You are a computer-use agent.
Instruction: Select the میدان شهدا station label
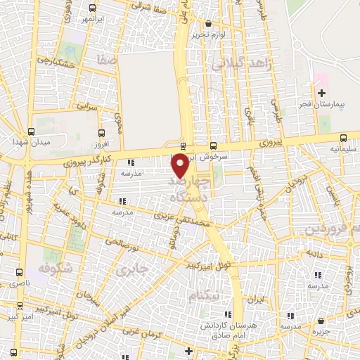(x=30, y=143)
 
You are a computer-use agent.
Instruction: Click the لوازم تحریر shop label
(x=210, y=34)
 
